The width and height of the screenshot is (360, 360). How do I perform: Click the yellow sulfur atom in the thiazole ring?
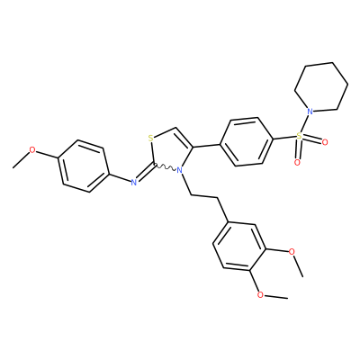151,139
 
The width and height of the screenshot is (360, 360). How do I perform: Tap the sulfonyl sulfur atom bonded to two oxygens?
299,136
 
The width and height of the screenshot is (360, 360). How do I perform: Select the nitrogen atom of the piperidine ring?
310,112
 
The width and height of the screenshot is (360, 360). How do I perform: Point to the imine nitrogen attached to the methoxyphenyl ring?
134,181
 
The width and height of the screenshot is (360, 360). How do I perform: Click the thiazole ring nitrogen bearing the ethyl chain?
180,170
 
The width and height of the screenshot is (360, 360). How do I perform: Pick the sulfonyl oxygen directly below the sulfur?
297,163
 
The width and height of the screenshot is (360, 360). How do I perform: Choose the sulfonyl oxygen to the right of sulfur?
325,142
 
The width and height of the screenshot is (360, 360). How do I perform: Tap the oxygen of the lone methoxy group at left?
32,150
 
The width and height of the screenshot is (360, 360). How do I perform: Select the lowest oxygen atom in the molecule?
261,294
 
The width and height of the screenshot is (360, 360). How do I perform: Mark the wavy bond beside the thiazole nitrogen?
165,167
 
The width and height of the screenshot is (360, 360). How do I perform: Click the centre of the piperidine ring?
321,87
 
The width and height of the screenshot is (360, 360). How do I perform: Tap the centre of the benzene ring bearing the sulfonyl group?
247,141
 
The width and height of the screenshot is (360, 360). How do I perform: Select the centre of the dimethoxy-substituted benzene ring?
238,247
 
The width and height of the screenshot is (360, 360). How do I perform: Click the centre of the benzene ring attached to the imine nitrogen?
83,166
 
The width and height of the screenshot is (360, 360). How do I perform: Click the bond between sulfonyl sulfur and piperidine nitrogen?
304,124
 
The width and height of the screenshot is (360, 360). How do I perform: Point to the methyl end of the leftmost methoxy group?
13,167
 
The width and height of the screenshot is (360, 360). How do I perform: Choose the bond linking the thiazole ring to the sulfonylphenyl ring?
207,145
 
